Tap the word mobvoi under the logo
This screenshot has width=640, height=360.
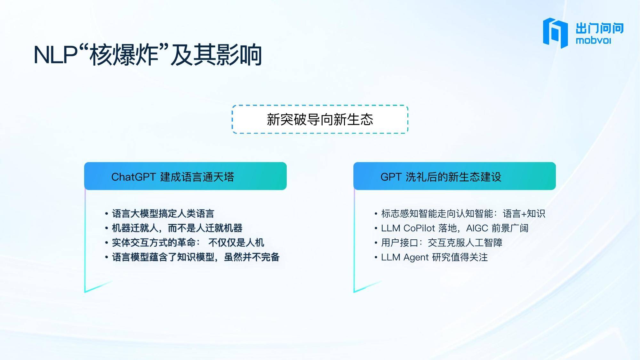(x=593, y=41)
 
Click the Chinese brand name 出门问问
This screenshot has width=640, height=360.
(x=600, y=28)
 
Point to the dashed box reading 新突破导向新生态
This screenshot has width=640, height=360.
(x=320, y=119)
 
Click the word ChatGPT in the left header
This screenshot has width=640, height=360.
(x=133, y=177)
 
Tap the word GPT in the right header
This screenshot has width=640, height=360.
(x=391, y=177)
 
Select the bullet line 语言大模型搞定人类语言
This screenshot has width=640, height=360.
(x=159, y=213)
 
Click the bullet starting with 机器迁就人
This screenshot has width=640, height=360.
(x=173, y=228)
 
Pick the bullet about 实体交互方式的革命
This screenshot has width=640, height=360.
(x=184, y=243)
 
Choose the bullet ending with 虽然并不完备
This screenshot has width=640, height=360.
(x=192, y=257)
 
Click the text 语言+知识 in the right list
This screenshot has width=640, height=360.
(x=524, y=213)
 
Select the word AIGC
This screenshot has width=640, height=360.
(x=477, y=228)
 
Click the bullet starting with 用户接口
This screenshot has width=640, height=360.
(x=438, y=243)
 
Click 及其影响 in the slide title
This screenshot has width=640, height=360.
(x=216, y=55)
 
